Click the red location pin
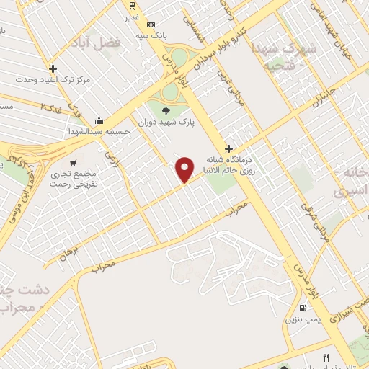pos(185,169)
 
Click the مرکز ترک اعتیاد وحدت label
pos(53,79)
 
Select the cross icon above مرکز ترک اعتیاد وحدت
pos(53,68)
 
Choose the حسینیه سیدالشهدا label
pos(99,132)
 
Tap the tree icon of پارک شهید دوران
pos(167,110)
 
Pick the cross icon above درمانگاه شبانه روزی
pos(228,148)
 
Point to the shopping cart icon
pos(73,163)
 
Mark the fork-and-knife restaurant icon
pos(326,357)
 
